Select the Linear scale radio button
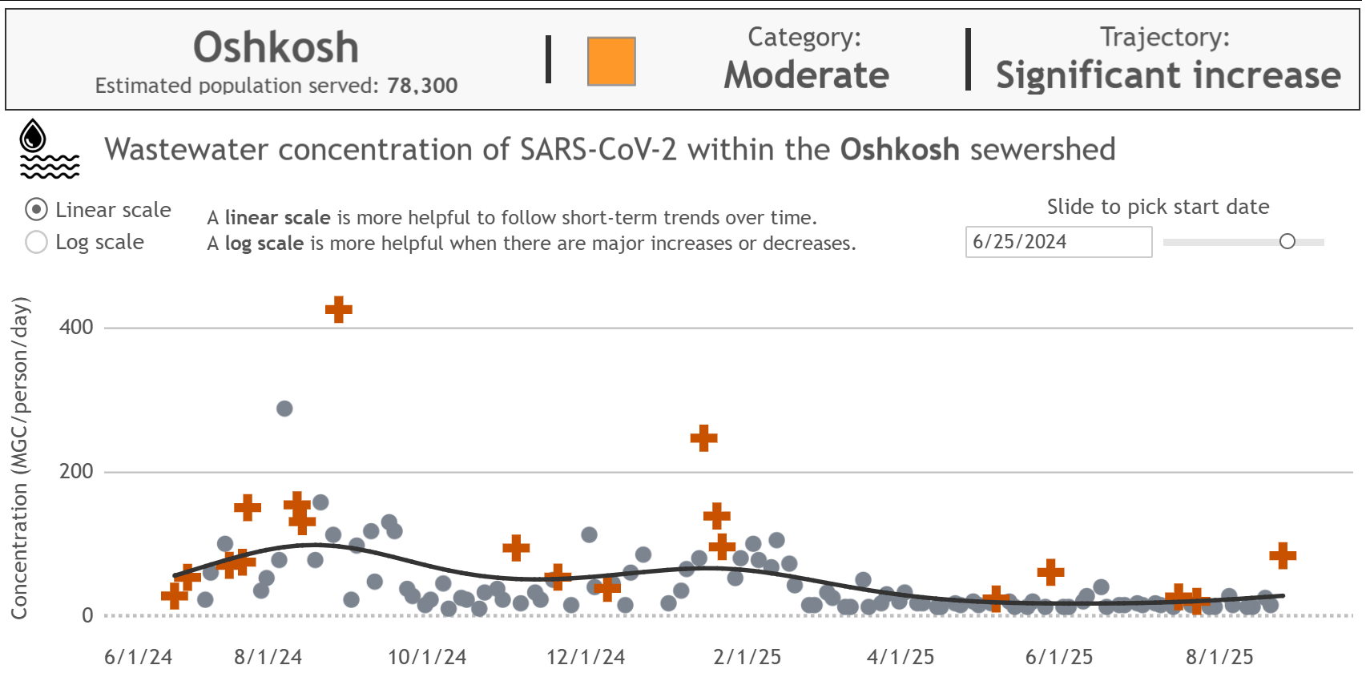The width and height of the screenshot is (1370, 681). pos(37,210)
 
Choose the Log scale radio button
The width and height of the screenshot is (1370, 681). pos(37,242)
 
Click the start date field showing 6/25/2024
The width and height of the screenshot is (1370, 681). pos(1058,242)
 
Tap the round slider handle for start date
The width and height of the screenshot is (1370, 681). pos(1287,241)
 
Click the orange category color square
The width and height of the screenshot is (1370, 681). pos(611,61)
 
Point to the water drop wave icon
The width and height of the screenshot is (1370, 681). pos(48,150)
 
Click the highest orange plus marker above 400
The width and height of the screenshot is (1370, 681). pos(339,309)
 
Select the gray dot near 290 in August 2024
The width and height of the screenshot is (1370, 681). pos(284,409)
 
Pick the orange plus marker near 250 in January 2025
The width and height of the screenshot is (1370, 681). pos(703,437)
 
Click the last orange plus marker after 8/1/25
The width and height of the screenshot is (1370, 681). pos(1283,555)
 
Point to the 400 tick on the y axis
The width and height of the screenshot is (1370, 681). pos(76,327)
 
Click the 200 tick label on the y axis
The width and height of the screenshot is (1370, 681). pos(76,471)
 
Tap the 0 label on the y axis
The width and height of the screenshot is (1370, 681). pos(87,615)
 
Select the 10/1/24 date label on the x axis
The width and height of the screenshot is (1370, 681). pos(427,657)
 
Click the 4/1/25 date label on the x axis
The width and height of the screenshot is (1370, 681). pos(901,657)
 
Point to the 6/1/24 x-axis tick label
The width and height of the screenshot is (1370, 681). pos(138,657)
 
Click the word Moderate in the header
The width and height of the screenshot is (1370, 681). pos(806,75)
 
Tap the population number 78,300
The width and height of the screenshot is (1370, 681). pos(422,86)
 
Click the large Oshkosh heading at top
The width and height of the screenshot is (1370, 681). pos(276,47)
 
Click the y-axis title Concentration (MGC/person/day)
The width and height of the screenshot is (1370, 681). pos(19,458)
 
